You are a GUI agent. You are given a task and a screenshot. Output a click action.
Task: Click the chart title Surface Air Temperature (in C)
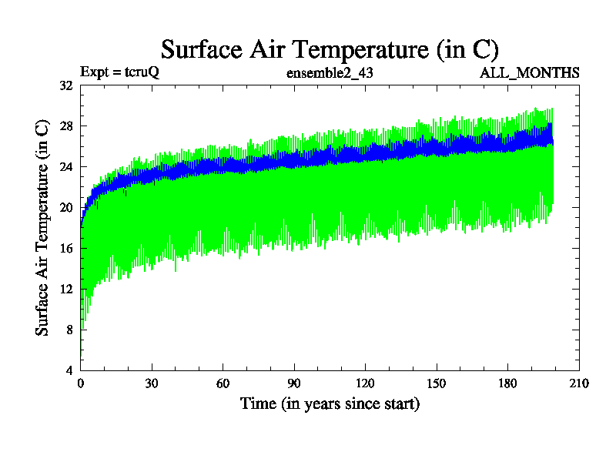pos(330,49)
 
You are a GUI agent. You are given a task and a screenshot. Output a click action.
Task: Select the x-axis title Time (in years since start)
pos(330,403)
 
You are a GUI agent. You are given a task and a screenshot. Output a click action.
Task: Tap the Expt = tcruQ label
pos(119,73)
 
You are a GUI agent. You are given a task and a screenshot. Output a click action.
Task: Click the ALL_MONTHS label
pos(530,73)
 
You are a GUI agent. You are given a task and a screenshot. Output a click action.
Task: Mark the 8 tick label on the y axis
pos(69,329)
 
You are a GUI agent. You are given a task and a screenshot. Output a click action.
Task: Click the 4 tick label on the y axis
pos(69,370)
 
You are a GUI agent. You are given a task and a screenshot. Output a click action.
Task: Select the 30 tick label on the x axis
pos(152,383)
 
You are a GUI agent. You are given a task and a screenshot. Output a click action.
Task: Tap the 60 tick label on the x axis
pos(223,383)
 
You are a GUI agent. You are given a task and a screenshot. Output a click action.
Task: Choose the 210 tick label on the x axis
pos(578,383)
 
